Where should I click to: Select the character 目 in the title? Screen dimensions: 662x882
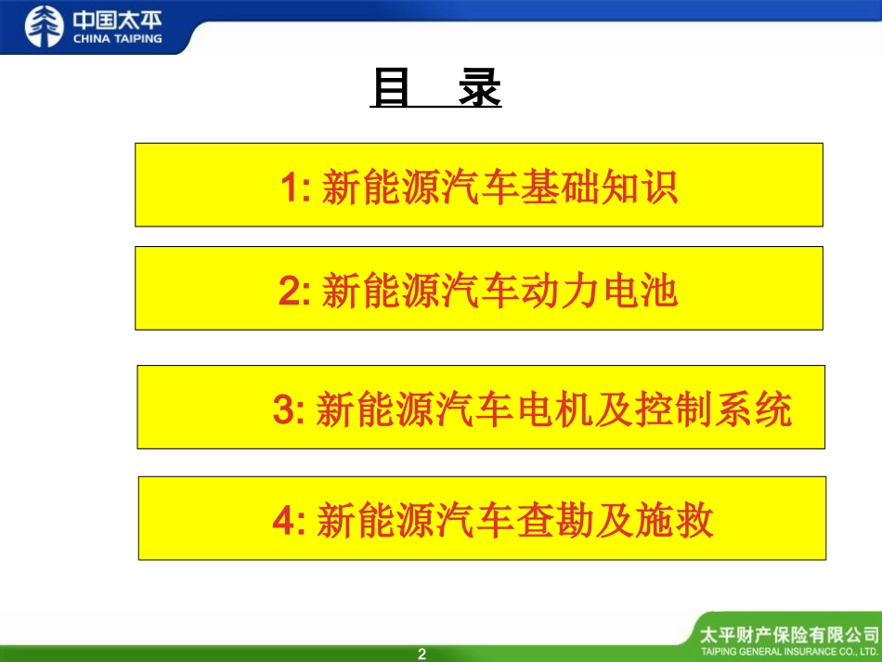[x=391, y=90]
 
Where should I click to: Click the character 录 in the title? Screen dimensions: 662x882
[x=479, y=90]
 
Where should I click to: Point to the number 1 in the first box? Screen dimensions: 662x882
[x=290, y=188]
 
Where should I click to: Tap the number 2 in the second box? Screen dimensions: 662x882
[x=289, y=292]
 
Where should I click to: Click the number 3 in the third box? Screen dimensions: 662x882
[x=283, y=409]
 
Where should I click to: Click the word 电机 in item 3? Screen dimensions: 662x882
[x=580, y=409]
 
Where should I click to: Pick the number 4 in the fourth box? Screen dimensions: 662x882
[x=283, y=521]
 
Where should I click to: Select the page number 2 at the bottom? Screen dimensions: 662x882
[x=422, y=654]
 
